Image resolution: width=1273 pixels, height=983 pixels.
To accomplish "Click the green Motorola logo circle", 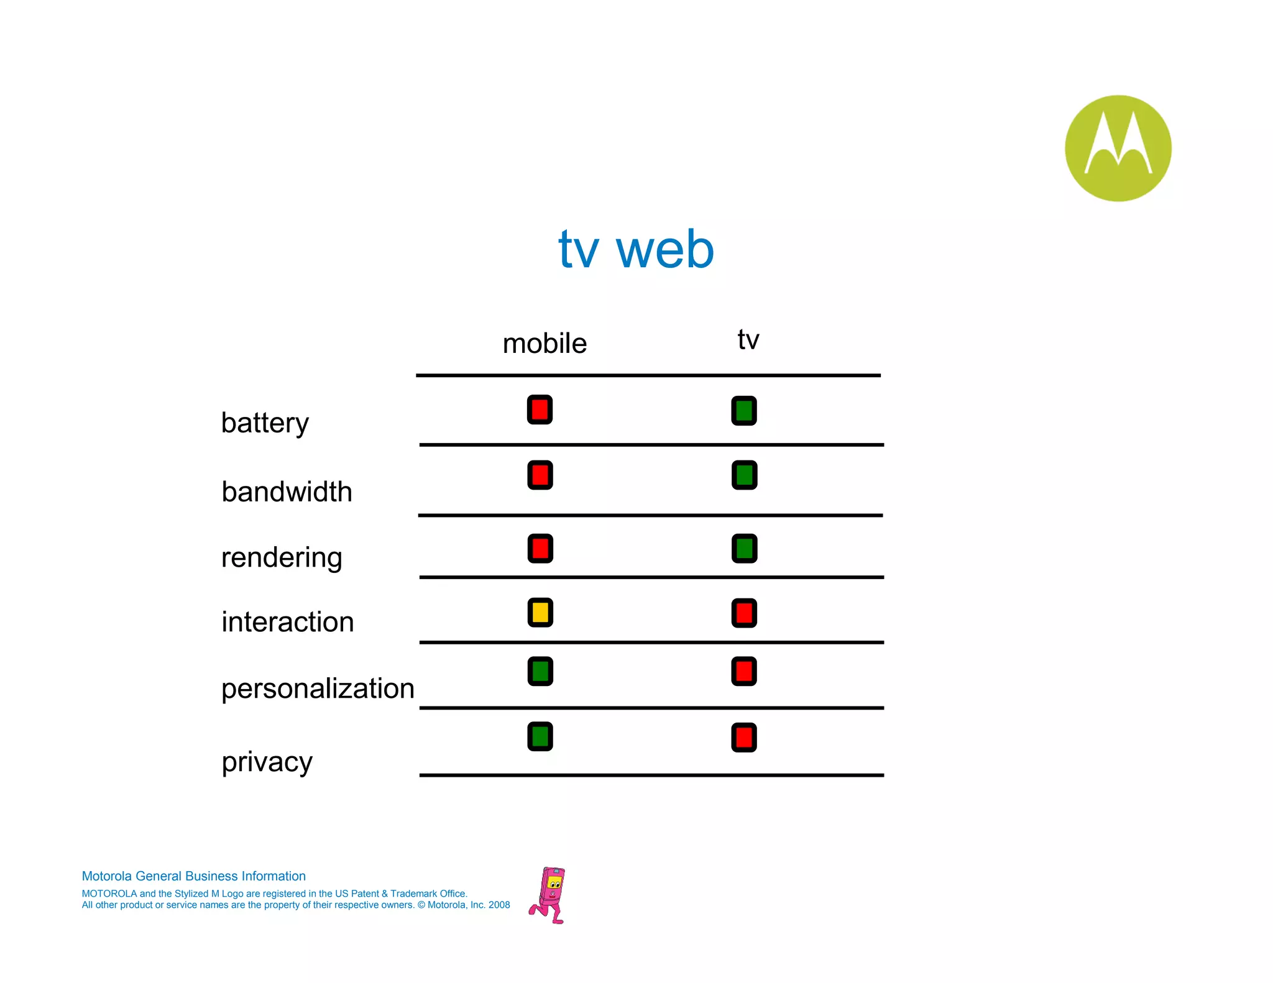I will click(x=1118, y=148).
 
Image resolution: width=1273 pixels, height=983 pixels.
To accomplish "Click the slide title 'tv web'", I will click(x=636, y=249).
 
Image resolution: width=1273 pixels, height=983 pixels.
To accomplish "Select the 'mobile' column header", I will click(x=545, y=344).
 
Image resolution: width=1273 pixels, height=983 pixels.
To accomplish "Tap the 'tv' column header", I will click(x=748, y=339).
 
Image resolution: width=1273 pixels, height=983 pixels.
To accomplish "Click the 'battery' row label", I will click(x=265, y=423).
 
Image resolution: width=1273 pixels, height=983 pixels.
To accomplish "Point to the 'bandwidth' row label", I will click(x=287, y=491).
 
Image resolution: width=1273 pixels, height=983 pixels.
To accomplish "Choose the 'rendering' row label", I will click(x=282, y=557).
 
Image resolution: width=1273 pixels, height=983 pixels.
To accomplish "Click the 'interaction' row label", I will click(x=287, y=622).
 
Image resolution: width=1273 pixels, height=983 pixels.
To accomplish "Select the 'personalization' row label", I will click(x=318, y=688).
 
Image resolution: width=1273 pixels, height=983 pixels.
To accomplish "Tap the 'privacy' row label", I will click(x=267, y=762).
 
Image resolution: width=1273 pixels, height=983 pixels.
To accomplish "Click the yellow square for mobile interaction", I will click(x=540, y=613).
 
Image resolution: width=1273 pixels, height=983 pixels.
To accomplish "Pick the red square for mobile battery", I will click(x=540, y=410).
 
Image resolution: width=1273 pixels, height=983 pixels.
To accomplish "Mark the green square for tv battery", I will click(x=744, y=411).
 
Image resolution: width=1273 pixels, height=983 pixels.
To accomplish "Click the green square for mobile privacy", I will click(x=540, y=736).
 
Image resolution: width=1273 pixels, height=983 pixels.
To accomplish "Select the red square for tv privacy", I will click(x=744, y=738).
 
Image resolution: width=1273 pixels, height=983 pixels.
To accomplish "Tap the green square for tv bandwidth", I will click(x=744, y=475).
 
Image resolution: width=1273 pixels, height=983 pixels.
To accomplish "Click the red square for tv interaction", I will click(x=744, y=613).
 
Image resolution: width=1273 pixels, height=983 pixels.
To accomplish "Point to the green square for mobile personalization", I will click(x=540, y=672).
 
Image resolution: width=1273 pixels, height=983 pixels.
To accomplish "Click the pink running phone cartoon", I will click(x=548, y=895).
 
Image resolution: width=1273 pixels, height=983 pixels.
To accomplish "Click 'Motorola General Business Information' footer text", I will click(x=193, y=876).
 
